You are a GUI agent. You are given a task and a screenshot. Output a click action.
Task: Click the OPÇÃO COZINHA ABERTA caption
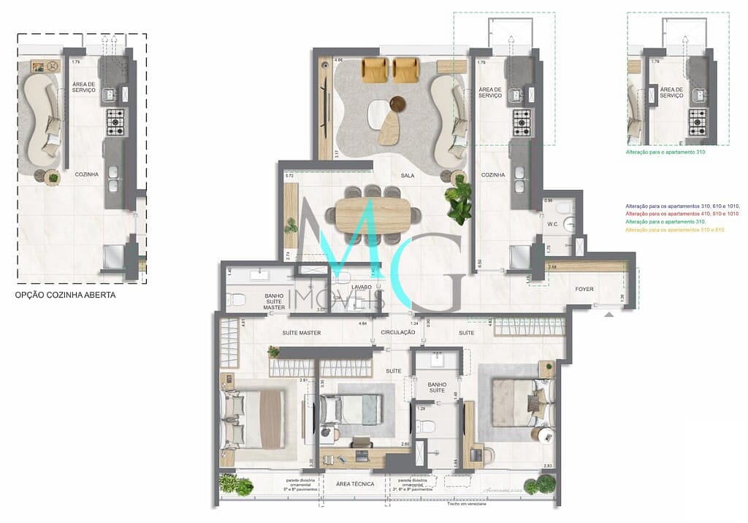pos(66,295)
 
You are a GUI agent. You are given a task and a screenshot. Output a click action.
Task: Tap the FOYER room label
pos(584,290)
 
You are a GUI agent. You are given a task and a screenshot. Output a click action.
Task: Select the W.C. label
pos(553,225)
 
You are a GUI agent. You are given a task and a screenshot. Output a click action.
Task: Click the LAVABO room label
pos(361,287)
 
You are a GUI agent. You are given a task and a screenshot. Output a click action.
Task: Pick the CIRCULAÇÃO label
pos(398,333)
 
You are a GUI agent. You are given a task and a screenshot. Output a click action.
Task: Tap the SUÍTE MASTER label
pos(302,333)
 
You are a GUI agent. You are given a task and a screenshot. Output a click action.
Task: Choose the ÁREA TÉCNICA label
pos(356,484)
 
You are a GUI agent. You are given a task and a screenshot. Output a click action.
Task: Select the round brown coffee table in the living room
pos(398,104)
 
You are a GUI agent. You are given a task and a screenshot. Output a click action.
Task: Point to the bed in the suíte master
pos(252,418)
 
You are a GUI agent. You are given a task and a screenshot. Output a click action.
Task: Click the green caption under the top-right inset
pos(665,152)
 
